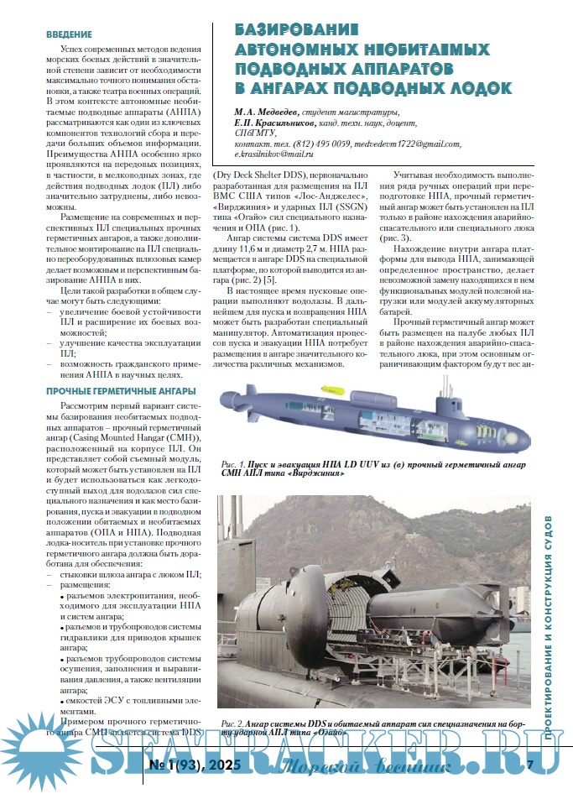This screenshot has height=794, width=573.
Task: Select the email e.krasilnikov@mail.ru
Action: (273, 155)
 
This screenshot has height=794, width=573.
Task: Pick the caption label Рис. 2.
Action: (232, 722)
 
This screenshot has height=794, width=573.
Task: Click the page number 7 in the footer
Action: (530, 764)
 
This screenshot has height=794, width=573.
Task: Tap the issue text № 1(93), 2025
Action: (195, 764)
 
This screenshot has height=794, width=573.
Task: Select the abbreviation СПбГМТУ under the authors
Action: (258, 133)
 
